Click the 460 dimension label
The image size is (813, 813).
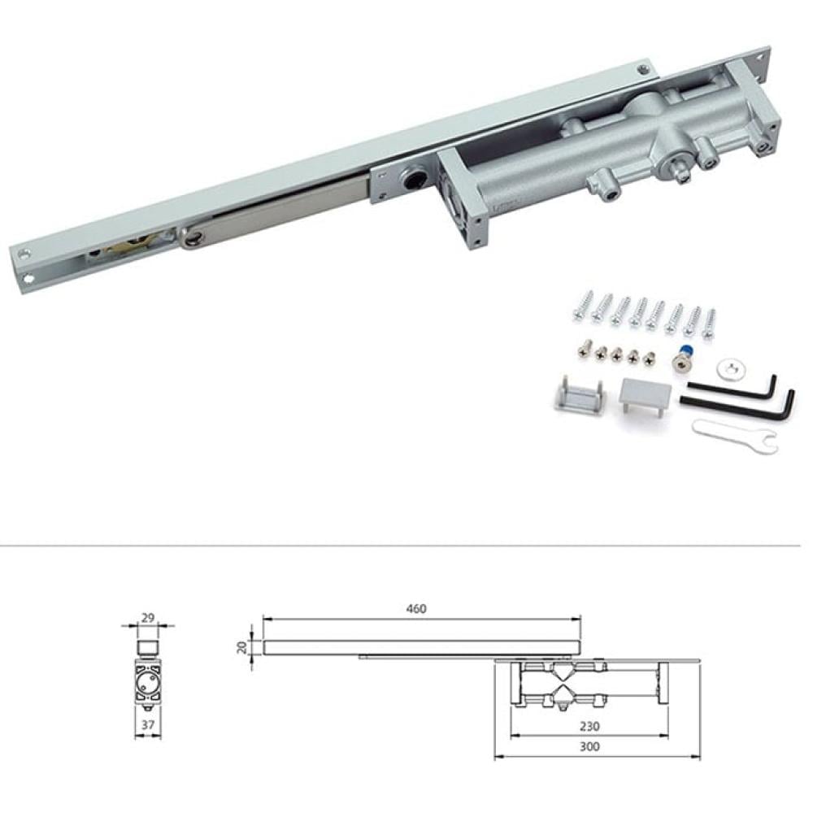415,608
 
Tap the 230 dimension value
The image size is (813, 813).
589,726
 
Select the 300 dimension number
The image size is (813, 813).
589,746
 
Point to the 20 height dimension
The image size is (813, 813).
242,647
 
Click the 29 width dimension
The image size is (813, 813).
148,618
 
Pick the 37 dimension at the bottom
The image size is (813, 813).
148,724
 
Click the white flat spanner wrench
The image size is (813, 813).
735,436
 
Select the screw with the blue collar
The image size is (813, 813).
682,358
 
